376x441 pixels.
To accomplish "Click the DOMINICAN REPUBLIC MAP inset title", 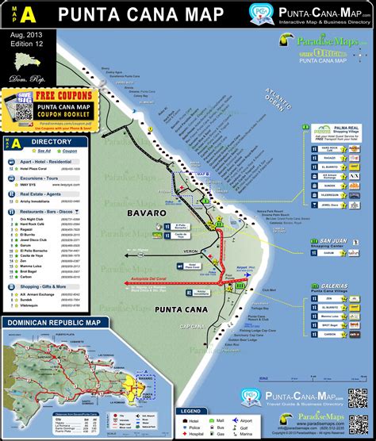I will [x=52, y=323].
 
